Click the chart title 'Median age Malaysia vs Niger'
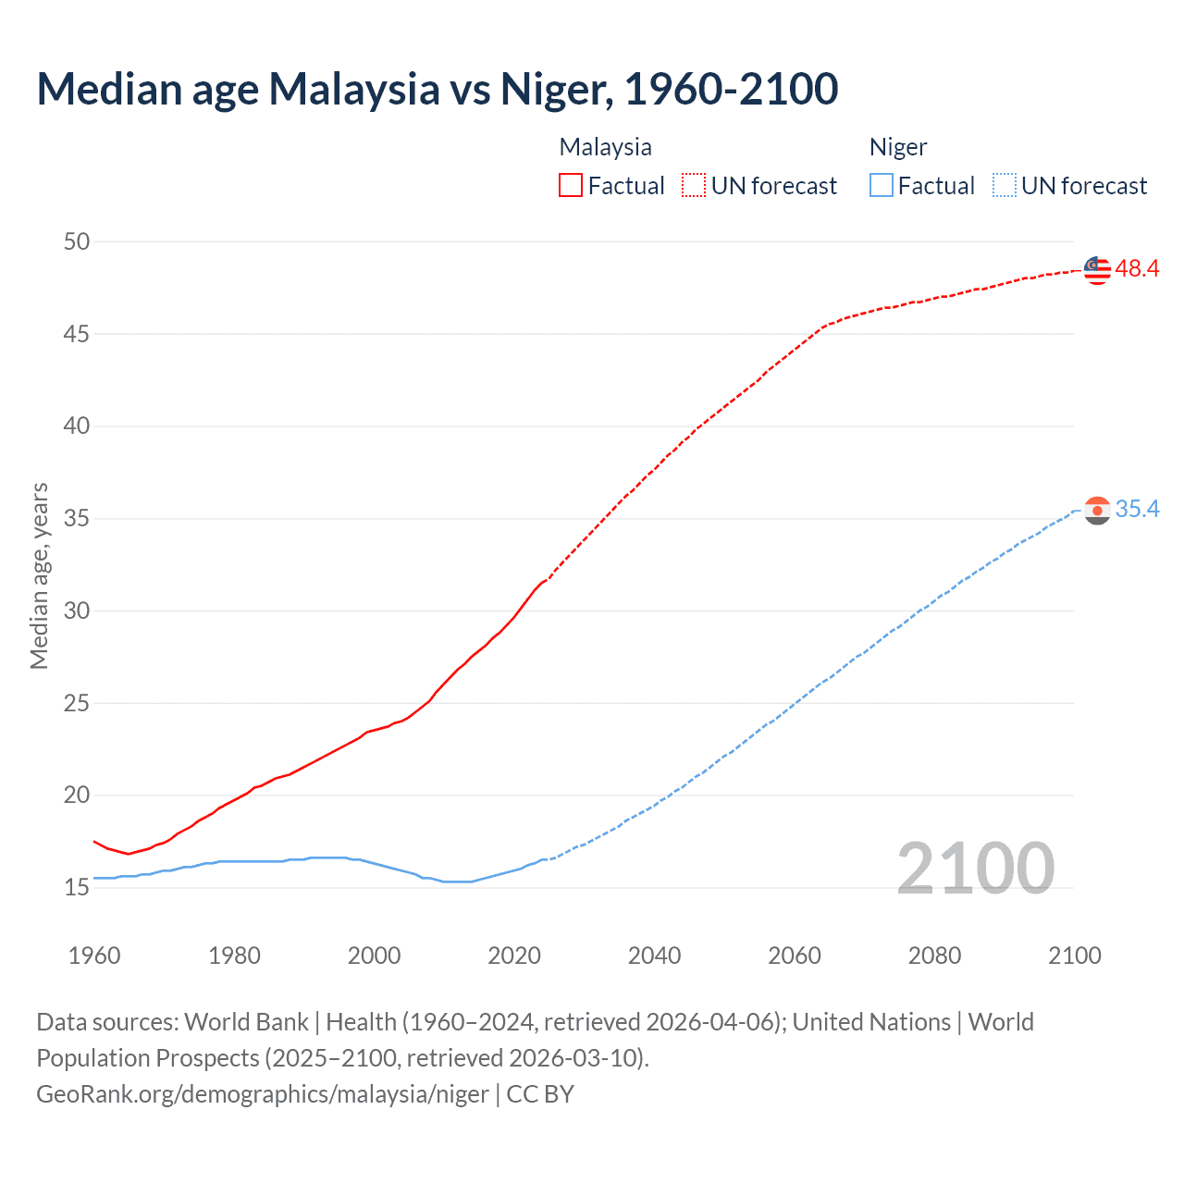coord(437,90)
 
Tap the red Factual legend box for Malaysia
coord(571,186)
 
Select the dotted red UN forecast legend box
coord(694,186)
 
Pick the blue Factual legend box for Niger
coord(882,186)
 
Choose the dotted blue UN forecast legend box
coord(1005,186)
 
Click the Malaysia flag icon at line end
coord(1097,269)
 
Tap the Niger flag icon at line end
coord(1097,510)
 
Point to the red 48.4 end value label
coord(1137,269)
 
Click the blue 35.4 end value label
coord(1137,510)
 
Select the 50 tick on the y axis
coord(77,242)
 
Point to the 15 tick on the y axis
coord(77,888)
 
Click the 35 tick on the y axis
coord(77,519)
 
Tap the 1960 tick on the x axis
coord(94,956)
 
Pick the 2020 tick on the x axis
coord(514,956)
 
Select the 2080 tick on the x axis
coord(934,956)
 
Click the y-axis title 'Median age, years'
coord(39,575)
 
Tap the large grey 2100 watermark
coord(975,868)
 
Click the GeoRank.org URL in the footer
coord(262,1094)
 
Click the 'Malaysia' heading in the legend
coord(605,147)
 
